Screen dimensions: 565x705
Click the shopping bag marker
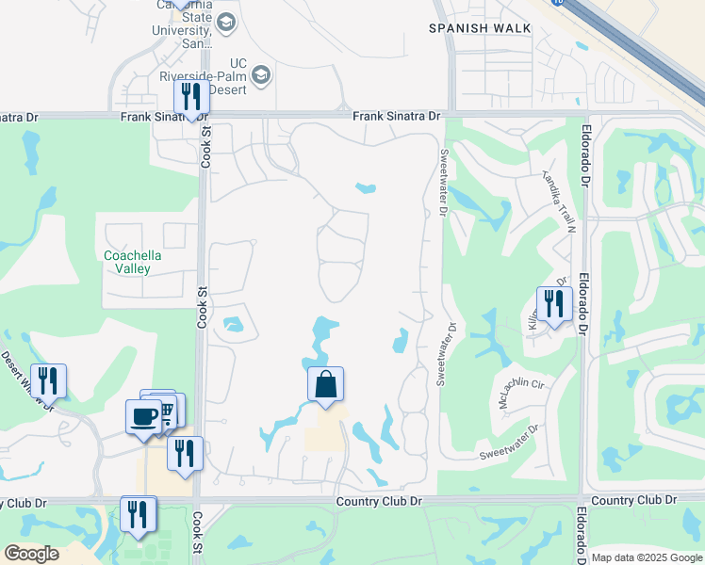325,384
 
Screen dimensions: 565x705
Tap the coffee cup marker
143,416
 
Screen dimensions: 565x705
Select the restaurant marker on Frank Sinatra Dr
191,97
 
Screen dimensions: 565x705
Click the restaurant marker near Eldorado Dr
553,304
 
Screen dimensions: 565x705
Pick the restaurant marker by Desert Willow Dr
48,381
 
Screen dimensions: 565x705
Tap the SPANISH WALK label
472,28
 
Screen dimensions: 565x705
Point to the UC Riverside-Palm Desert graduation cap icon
261,73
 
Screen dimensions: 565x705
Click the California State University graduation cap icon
225,22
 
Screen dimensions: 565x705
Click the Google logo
31,554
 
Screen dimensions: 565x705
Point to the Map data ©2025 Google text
646,557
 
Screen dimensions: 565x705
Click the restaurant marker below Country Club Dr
139,513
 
